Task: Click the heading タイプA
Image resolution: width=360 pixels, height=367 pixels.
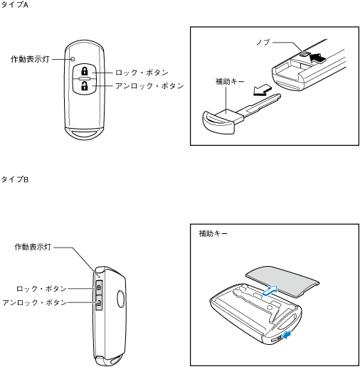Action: pyautogui.click(x=15, y=5)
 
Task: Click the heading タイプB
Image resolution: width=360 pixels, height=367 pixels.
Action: pyautogui.click(x=15, y=179)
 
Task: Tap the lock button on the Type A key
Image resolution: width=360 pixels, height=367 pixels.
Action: pyautogui.click(x=85, y=71)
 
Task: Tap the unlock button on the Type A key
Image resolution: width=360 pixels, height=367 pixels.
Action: pyautogui.click(x=85, y=86)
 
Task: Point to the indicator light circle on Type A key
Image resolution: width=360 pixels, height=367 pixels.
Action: pyautogui.click(x=73, y=59)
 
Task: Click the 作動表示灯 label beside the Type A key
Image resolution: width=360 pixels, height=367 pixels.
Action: pyautogui.click(x=30, y=59)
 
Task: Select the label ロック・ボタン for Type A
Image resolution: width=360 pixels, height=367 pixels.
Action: pyautogui.click(x=142, y=73)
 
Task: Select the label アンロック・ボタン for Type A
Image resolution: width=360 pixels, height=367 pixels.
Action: pyautogui.click(x=149, y=85)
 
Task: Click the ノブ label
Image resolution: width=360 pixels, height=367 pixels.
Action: pyautogui.click(x=264, y=42)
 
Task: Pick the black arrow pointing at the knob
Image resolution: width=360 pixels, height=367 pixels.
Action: pyautogui.click(x=318, y=58)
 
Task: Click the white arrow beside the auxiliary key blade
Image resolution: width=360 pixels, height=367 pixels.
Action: pyautogui.click(x=262, y=90)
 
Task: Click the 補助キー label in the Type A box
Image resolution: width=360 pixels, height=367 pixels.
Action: pyautogui.click(x=230, y=81)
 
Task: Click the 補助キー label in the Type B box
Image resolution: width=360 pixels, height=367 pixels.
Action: pyautogui.click(x=213, y=233)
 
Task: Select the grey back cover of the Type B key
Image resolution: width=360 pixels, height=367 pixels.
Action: pyautogui.click(x=282, y=281)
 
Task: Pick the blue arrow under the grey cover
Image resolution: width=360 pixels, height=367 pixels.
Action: pyautogui.click(x=270, y=290)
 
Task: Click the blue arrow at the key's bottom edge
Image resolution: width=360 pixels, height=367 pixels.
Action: pyautogui.click(x=287, y=335)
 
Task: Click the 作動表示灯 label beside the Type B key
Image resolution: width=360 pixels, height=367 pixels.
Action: pyautogui.click(x=33, y=247)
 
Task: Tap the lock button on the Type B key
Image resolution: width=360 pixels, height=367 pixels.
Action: pyautogui.click(x=99, y=287)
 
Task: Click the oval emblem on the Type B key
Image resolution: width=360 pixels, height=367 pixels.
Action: pyautogui.click(x=121, y=299)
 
